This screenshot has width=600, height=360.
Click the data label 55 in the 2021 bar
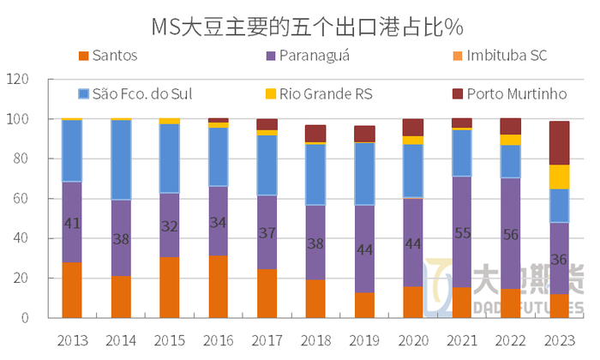(x=463, y=232)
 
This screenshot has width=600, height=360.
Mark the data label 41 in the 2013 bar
(x=72, y=224)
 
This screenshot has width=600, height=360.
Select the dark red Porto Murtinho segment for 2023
(x=560, y=142)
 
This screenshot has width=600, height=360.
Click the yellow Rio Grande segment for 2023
(x=560, y=177)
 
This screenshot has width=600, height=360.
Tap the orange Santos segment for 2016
(x=219, y=286)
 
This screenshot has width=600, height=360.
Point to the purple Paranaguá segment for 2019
(x=365, y=249)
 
